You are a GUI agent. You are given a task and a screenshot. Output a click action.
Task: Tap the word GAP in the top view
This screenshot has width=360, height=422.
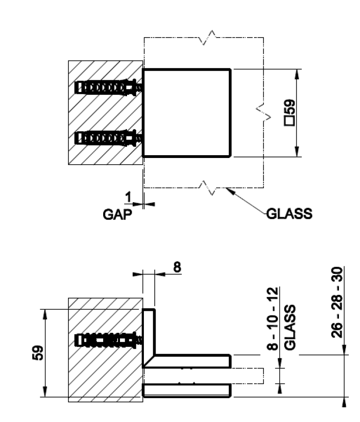(x=117, y=215)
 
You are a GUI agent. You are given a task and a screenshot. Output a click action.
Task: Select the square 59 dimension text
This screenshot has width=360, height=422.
(x=289, y=113)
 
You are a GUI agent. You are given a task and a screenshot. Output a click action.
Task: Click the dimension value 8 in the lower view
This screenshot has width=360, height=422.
(x=177, y=267)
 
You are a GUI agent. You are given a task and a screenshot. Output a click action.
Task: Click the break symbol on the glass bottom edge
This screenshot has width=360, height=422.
(x=206, y=186)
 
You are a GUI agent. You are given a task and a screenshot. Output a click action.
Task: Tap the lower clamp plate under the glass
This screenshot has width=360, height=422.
(x=187, y=390)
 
